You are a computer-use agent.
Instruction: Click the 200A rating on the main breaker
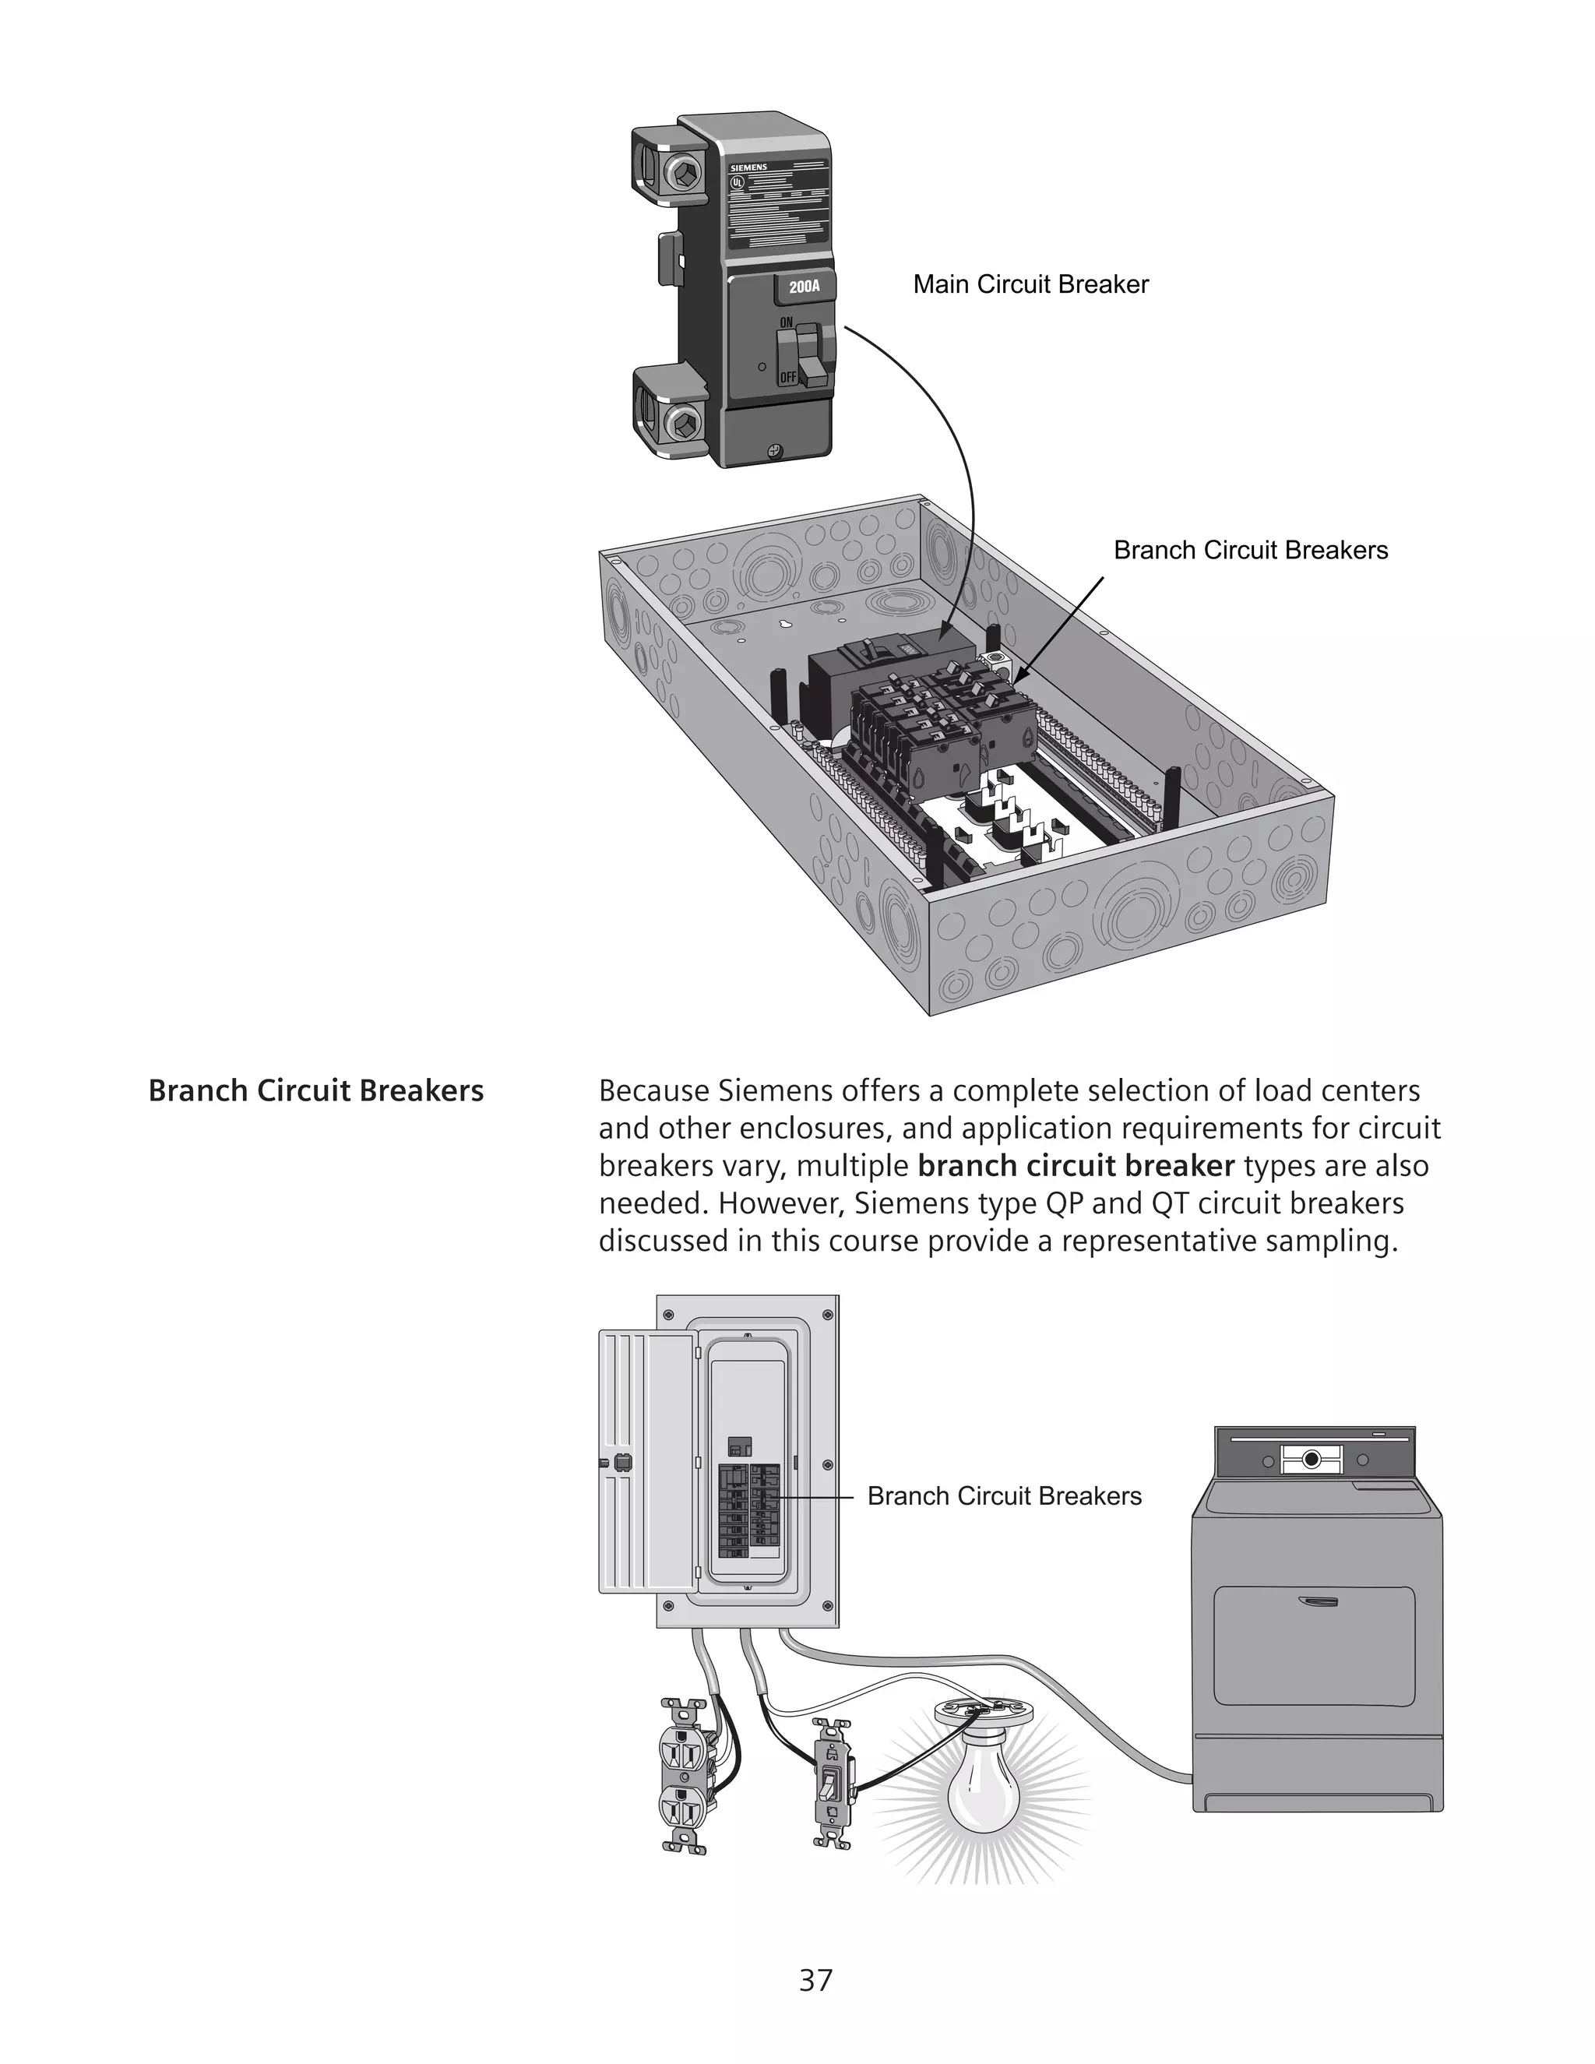[x=804, y=287]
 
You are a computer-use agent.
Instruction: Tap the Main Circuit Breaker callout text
[x=1030, y=284]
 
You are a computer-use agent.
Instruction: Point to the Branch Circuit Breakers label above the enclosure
[x=1250, y=550]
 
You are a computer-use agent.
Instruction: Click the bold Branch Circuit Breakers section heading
[x=315, y=1090]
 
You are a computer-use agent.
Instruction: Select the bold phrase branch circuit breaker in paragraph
[x=1076, y=1166]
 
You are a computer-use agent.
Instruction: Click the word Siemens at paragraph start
[x=762, y=1090]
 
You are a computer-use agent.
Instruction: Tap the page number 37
[x=815, y=1980]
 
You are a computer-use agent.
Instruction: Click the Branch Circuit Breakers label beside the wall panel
[x=1003, y=1496]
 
